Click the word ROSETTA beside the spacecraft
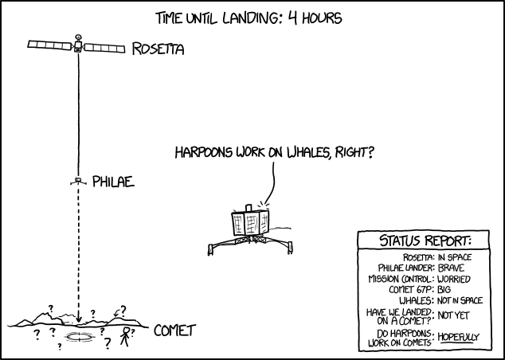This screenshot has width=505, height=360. click(x=158, y=49)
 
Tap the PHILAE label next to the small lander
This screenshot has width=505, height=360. click(x=112, y=182)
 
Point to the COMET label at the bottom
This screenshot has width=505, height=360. click(x=174, y=330)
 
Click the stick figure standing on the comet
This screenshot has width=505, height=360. click(x=125, y=338)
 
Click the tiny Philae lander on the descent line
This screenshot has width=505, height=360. click(x=78, y=182)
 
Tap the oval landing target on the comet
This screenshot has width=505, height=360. click(x=79, y=338)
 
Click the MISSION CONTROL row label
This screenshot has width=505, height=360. click(x=401, y=279)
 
